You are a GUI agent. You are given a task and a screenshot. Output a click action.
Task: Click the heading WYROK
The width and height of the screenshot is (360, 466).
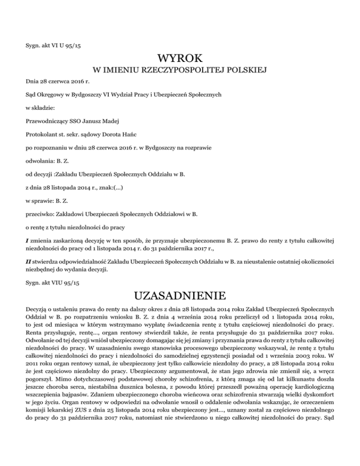coord(180,59)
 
